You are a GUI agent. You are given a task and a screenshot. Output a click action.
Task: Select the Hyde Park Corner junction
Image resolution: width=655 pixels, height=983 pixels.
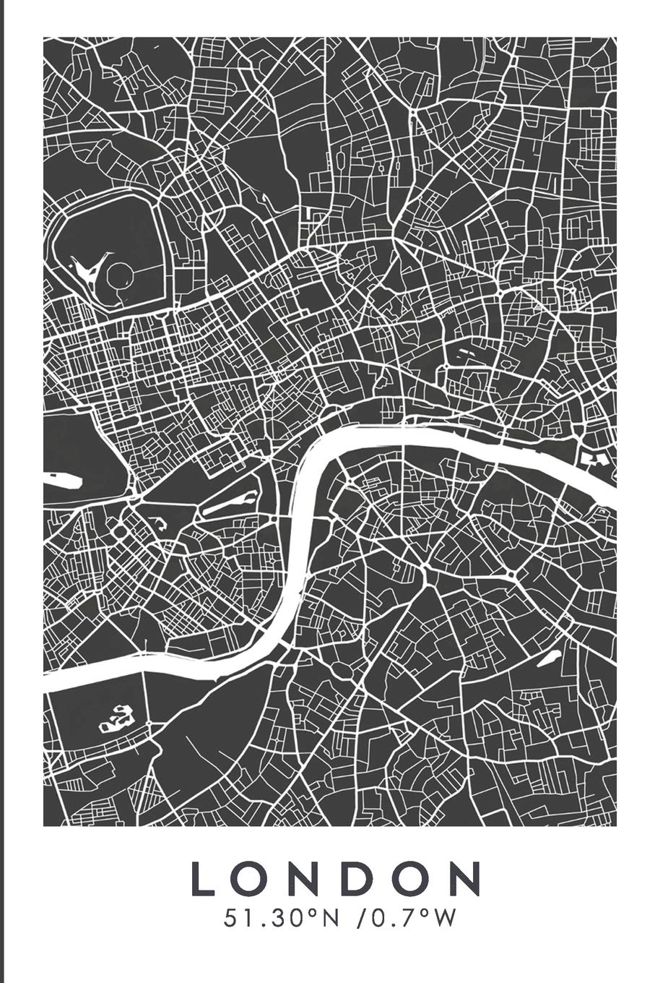click(134, 497)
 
